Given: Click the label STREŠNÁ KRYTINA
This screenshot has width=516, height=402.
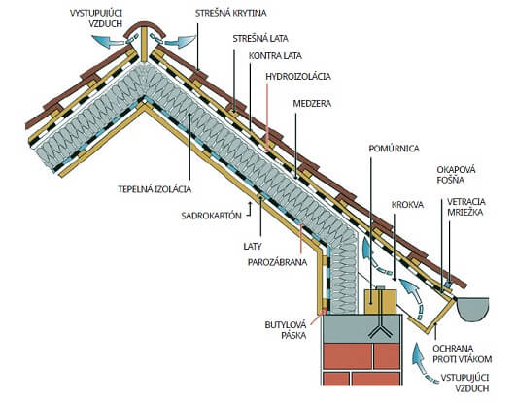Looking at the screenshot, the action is click(x=230, y=13).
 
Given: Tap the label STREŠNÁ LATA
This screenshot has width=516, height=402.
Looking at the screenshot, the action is click(x=260, y=39).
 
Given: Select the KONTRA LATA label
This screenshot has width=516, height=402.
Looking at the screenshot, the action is click(x=275, y=56).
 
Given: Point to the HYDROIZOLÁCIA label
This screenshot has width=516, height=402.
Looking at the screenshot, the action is click(x=298, y=77).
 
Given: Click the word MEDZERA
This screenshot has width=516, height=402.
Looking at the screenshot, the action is click(x=312, y=104).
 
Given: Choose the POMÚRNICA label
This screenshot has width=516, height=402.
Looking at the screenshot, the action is click(x=394, y=149).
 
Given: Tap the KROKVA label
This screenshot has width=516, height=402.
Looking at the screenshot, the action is click(x=407, y=205).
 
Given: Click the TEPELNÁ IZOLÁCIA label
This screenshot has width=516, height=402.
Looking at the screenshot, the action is click(x=155, y=189).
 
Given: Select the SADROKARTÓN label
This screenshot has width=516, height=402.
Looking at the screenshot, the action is click(x=211, y=216).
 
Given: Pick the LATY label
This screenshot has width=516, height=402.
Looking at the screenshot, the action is click(x=253, y=246).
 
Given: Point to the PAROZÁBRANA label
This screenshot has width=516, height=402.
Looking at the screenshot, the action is click(x=277, y=262).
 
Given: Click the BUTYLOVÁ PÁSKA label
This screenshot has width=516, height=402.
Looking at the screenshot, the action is click(x=286, y=330).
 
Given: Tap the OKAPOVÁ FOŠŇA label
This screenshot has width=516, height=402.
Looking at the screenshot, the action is click(x=456, y=175).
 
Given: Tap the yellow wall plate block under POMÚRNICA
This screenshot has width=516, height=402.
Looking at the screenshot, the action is click(x=380, y=301).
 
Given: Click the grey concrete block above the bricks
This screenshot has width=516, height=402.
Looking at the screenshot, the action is click(x=361, y=328).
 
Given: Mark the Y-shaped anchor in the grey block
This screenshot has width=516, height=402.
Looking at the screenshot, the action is click(x=380, y=329).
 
